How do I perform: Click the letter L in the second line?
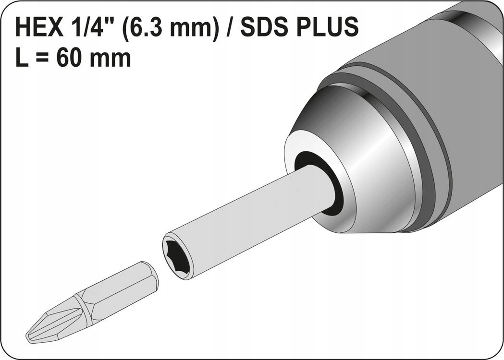22,59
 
